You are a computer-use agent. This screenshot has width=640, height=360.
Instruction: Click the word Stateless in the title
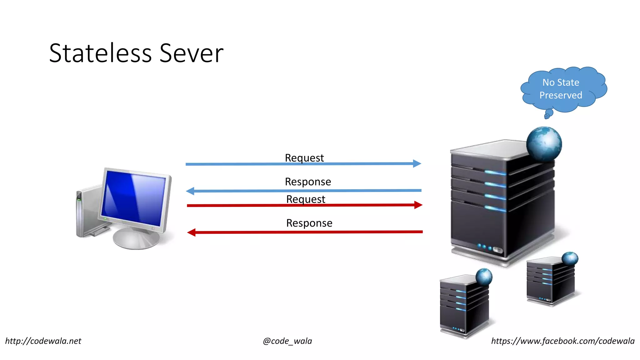100,53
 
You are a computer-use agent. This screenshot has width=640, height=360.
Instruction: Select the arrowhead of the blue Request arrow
417,163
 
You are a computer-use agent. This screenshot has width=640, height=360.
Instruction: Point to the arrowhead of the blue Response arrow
190,191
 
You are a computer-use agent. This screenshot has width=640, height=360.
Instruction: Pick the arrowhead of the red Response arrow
192,232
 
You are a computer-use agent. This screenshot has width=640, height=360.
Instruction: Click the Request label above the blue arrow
304,158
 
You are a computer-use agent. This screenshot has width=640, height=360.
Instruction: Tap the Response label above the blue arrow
308,182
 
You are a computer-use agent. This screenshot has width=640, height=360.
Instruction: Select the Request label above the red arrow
306,199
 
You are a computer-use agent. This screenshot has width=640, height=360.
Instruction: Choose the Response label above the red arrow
309,223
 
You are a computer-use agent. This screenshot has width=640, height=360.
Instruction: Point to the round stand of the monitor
136,239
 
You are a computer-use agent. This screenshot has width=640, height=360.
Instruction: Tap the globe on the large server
544,144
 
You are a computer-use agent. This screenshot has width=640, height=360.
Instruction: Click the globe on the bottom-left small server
484,277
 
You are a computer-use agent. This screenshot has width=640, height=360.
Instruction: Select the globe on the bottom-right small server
570,259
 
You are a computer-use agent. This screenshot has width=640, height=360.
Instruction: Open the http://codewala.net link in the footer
43,341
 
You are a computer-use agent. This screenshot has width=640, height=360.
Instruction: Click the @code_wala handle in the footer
287,341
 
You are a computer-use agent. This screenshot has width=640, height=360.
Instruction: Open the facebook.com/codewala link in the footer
563,341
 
